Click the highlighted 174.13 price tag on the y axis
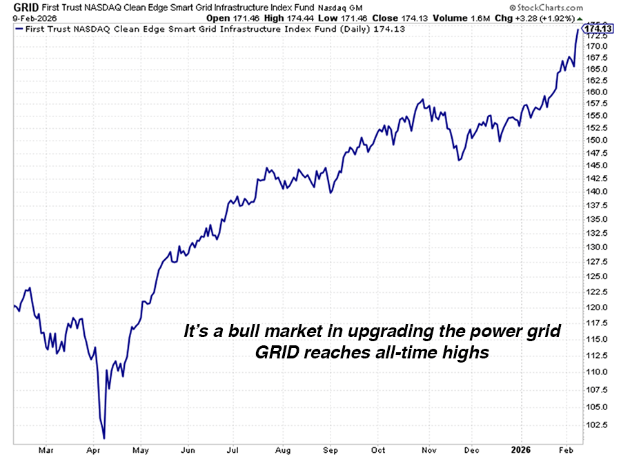(x=597, y=28)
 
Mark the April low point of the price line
(x=103, y=438)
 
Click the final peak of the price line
(x=578, y=30)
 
